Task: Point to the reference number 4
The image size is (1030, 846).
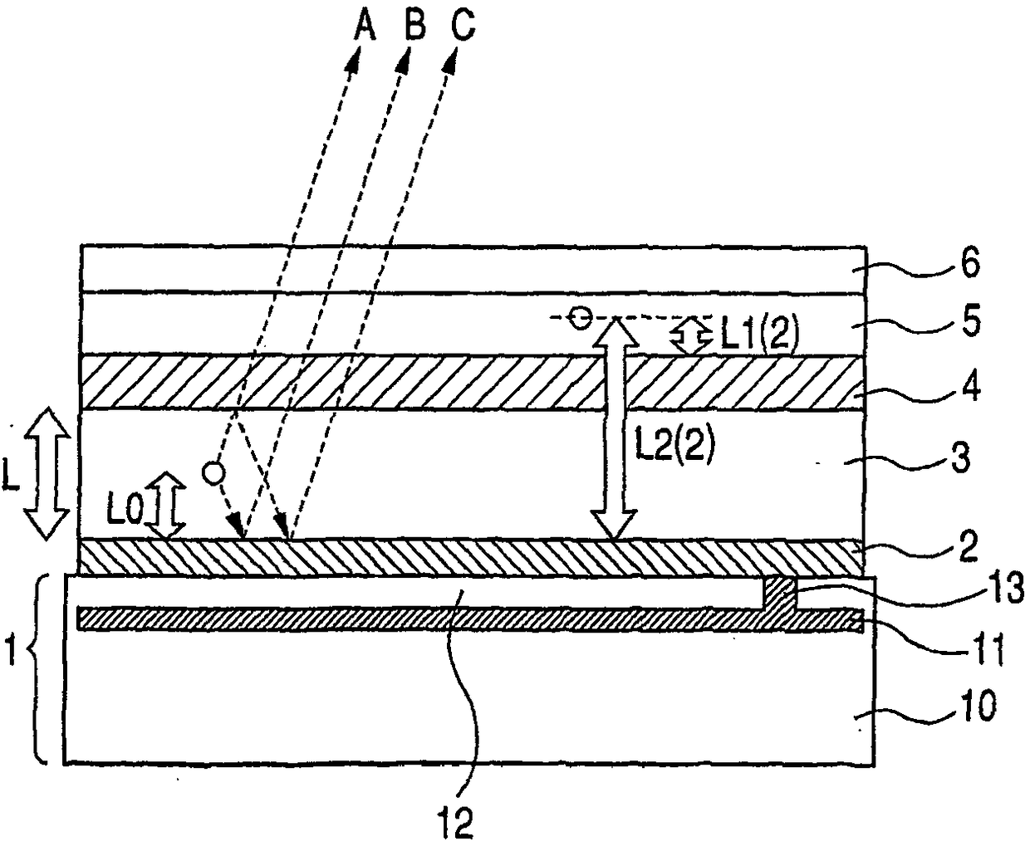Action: coord(969,387)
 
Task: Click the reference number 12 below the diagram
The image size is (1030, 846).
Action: coord(457,822)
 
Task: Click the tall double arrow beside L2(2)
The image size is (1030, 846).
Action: coord(613,428)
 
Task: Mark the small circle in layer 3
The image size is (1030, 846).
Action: coord(213,472)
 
